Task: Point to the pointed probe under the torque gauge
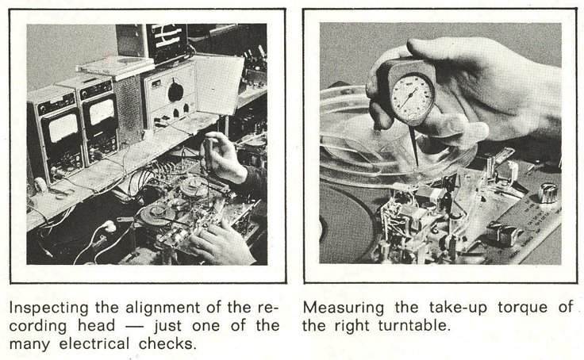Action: click(x=414, y=146)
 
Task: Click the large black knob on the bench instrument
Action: click(x=175, y=91)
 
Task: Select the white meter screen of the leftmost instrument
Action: click(x=64, y=128)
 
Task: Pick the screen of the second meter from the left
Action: click(x=102, y=112)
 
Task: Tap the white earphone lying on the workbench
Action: click(x=109, y=226)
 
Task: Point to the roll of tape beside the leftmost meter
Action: click(x=40, y=184)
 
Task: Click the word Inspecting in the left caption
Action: click(x=49, y=308)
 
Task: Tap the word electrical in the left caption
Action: click(x=94, y=343)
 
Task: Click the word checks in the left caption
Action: click(x=167, y=343)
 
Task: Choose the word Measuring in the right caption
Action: click(x=344, y=308)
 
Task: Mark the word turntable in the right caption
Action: click(x=414, y=325)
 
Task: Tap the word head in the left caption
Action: click(x=97, y=325)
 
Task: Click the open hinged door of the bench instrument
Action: click(x=218, y=85)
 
